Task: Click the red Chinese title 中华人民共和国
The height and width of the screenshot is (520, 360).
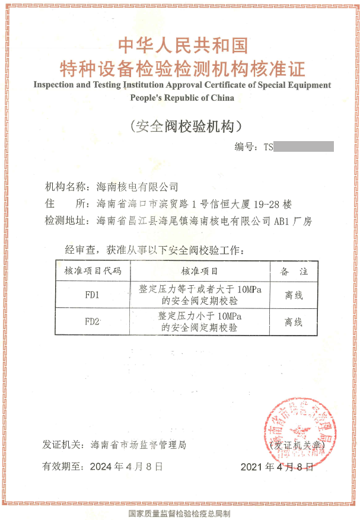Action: pyautogui.click(x=183, y=46)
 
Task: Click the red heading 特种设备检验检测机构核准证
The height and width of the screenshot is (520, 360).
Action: pyautogui.click(x=183, y=68)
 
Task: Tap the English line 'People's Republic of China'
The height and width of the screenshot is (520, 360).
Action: pyautogui.click(x=182, y=98)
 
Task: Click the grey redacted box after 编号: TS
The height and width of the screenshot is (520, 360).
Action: pyautogui.click(x=304, y=146)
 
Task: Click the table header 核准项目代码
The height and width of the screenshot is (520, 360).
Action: pyautogui.click(x=93, y=271)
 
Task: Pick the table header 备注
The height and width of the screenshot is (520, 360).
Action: pyautogui.click(x=294, y=271)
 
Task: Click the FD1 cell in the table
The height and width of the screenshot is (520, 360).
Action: pyautogui.click(x=93, y=295)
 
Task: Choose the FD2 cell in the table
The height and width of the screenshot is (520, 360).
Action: pyautogui.click(x=93, y=322)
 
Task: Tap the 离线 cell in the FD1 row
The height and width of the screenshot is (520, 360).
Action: pyautogui.click(x=294, y=295)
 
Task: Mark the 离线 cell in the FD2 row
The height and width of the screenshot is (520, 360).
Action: pyautogui.click(x=294, y=322)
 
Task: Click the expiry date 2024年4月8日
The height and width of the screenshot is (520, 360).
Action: pyautogui.click(x=126, y=466)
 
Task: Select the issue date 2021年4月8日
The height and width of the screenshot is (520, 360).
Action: pyautogui.click(x=276, y=467)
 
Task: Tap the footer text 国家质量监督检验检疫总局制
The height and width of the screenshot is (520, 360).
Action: pyautogui.click(x=180, y=513)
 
